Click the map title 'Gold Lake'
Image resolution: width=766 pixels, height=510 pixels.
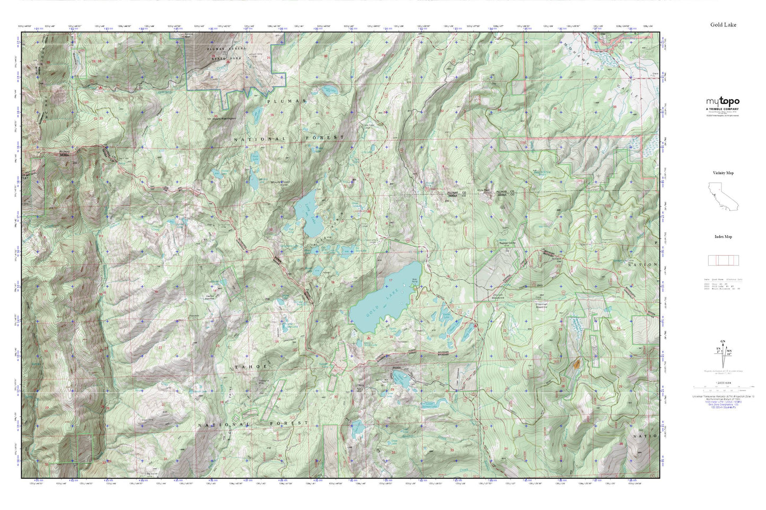tap(723, 24)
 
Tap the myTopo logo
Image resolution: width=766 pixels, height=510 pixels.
tap(722, 102)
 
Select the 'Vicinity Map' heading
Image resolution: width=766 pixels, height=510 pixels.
tap(723, 173)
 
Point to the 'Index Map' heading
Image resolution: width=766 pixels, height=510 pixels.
tap(723, 237)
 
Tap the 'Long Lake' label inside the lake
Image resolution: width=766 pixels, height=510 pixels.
tap(307, 213)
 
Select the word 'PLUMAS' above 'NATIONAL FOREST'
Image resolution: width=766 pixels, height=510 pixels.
tap(279, 101)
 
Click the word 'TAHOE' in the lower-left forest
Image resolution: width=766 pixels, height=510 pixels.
tap(249, 366)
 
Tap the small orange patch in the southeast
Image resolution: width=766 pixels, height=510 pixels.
tap(576, 364)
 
